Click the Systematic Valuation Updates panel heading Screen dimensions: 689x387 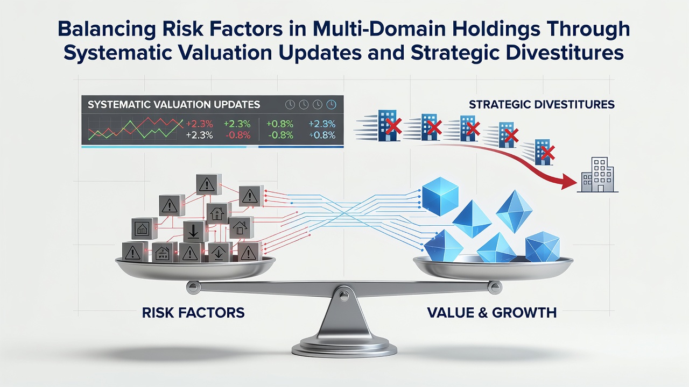tap(174, 105)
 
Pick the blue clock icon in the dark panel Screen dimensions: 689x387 tap(331, 105)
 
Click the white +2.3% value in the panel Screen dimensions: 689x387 tap(199, 135)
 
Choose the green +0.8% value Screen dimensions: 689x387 tap(279, 124)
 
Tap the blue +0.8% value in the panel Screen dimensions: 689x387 tap(322, 135)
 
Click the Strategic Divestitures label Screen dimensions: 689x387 tap(542, 105)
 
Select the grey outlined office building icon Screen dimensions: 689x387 tap(597, 175)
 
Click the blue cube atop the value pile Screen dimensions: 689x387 tap(440, 196)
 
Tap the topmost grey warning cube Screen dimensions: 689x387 tap(209, 184)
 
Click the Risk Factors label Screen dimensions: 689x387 tap(193, 313)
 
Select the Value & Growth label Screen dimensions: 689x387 tap(492, 313)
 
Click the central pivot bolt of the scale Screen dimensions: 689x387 tap(343, 296)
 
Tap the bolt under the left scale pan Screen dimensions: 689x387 tap(193, 287)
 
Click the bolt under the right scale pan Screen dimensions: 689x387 tap(495, 287)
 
